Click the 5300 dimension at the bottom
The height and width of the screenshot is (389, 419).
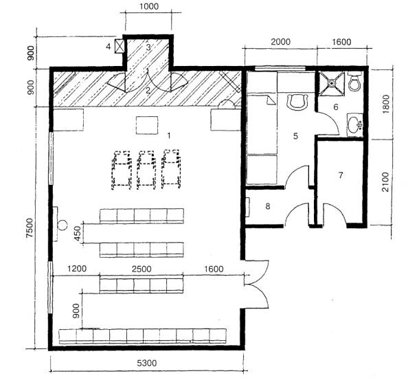pos(147,363)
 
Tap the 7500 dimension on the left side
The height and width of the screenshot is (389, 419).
pos(30,227)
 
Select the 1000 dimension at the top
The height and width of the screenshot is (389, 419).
pos(149,6)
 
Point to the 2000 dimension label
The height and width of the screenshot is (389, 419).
pos(280,42)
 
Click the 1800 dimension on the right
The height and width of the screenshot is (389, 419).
pos(387,104)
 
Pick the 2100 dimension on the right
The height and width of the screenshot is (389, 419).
pos(385,182)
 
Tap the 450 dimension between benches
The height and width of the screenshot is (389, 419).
pos(78,234)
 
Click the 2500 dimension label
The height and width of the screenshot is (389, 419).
pos(141,269)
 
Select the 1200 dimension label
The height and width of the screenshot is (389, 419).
pos(77,268)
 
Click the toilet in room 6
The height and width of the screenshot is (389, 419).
pos(355,82)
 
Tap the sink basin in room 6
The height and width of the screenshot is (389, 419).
pos(355,125)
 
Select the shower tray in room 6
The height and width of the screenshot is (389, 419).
pos(332,83)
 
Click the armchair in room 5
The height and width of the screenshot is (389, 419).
pos(297,102)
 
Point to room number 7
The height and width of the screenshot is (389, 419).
pos(341,175)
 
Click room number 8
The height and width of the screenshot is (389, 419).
pos(268,206)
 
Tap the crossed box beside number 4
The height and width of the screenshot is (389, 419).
pos(120,46)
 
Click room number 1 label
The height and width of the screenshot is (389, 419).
pos(168,136)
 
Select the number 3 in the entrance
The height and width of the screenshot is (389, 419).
pos(148,47)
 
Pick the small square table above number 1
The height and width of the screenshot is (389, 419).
pos(147,125)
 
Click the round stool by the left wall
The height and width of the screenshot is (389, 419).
pos(63,225)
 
